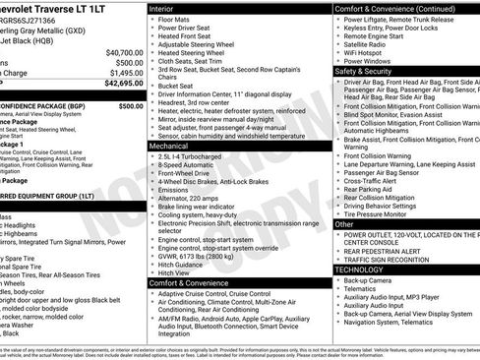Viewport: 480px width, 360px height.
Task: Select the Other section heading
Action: (344, 224)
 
